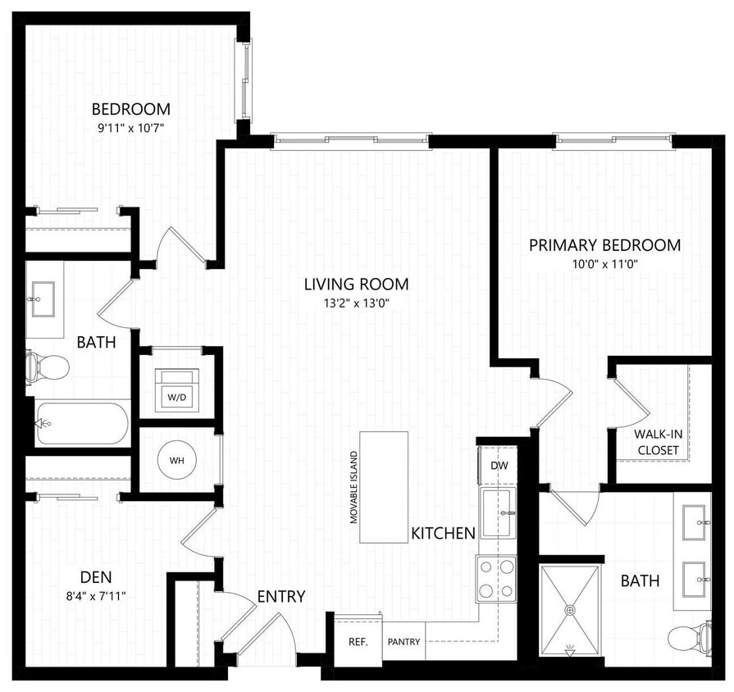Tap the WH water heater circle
click(x=177, y=460)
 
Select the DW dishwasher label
click(x=499, y=465)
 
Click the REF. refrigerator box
click(x=358, y=641)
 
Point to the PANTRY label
click(x=403, y=642)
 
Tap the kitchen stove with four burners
click(x=497, y=578)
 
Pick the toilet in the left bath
click(x=48, y=366)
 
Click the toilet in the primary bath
click(x=689, y=638)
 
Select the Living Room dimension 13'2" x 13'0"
click(x=356, y=302)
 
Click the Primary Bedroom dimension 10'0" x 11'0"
click(x=604, y=263)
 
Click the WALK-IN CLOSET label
click(x=656, y=443)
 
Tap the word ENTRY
click(x=281, y=596)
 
